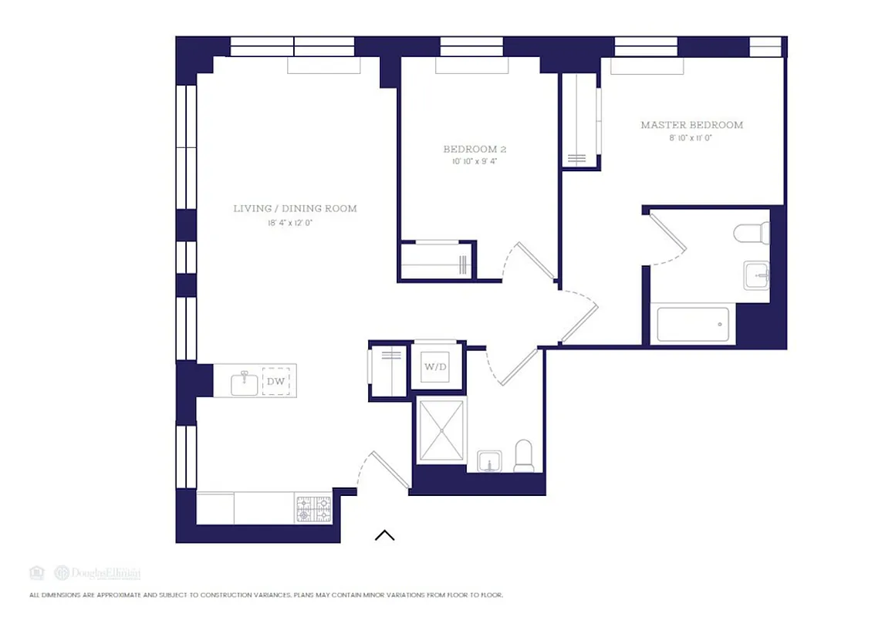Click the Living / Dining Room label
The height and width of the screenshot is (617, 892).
point(295,208)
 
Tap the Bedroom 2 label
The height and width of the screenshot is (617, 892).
point(475,149)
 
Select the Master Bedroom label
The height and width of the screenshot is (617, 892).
point(691,125)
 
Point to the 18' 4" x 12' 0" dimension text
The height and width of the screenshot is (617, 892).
point(295,223)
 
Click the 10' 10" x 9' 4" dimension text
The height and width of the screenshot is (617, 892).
point(475,162)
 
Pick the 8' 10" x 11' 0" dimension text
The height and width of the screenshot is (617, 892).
point(691,138)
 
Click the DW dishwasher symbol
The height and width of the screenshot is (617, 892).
point(275,381)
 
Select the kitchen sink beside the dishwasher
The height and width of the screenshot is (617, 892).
point(245,381)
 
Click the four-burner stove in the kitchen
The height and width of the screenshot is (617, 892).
point(313,509)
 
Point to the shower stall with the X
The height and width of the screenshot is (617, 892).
point(441,430)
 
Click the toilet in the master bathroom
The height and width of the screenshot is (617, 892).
point(752,231)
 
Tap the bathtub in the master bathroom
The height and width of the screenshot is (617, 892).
point(692,325)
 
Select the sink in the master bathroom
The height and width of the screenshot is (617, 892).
point(755,275)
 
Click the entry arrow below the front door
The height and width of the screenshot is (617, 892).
point(384,534)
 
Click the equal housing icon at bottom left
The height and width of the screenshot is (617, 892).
point(36,572)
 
